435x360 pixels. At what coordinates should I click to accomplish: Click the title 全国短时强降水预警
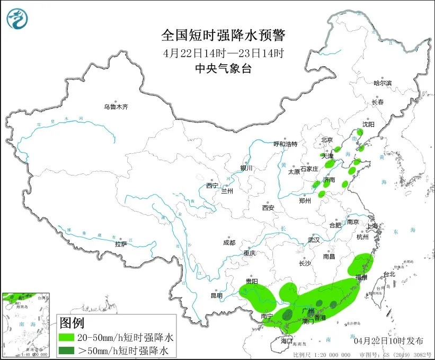[223, 36]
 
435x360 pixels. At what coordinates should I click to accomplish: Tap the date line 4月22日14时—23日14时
[223, 53]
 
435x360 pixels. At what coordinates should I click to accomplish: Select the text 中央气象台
[223, 68]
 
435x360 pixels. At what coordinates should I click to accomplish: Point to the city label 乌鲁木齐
[116, 107]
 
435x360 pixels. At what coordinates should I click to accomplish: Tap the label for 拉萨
[121, 244]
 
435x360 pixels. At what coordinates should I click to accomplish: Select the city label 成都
[229, 242]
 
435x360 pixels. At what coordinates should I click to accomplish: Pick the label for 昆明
[217, 295]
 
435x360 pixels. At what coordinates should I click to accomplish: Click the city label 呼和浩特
[286, 144]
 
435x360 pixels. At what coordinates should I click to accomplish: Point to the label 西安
[268, 208]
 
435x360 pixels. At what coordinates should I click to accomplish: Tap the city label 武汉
[314, 240]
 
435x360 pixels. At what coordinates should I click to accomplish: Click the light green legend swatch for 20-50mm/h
[70, 337]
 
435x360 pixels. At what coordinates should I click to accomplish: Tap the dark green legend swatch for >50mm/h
[70, 350]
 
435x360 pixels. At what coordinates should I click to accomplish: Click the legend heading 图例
[72, 322]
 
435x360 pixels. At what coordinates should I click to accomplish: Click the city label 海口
[287, 340]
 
